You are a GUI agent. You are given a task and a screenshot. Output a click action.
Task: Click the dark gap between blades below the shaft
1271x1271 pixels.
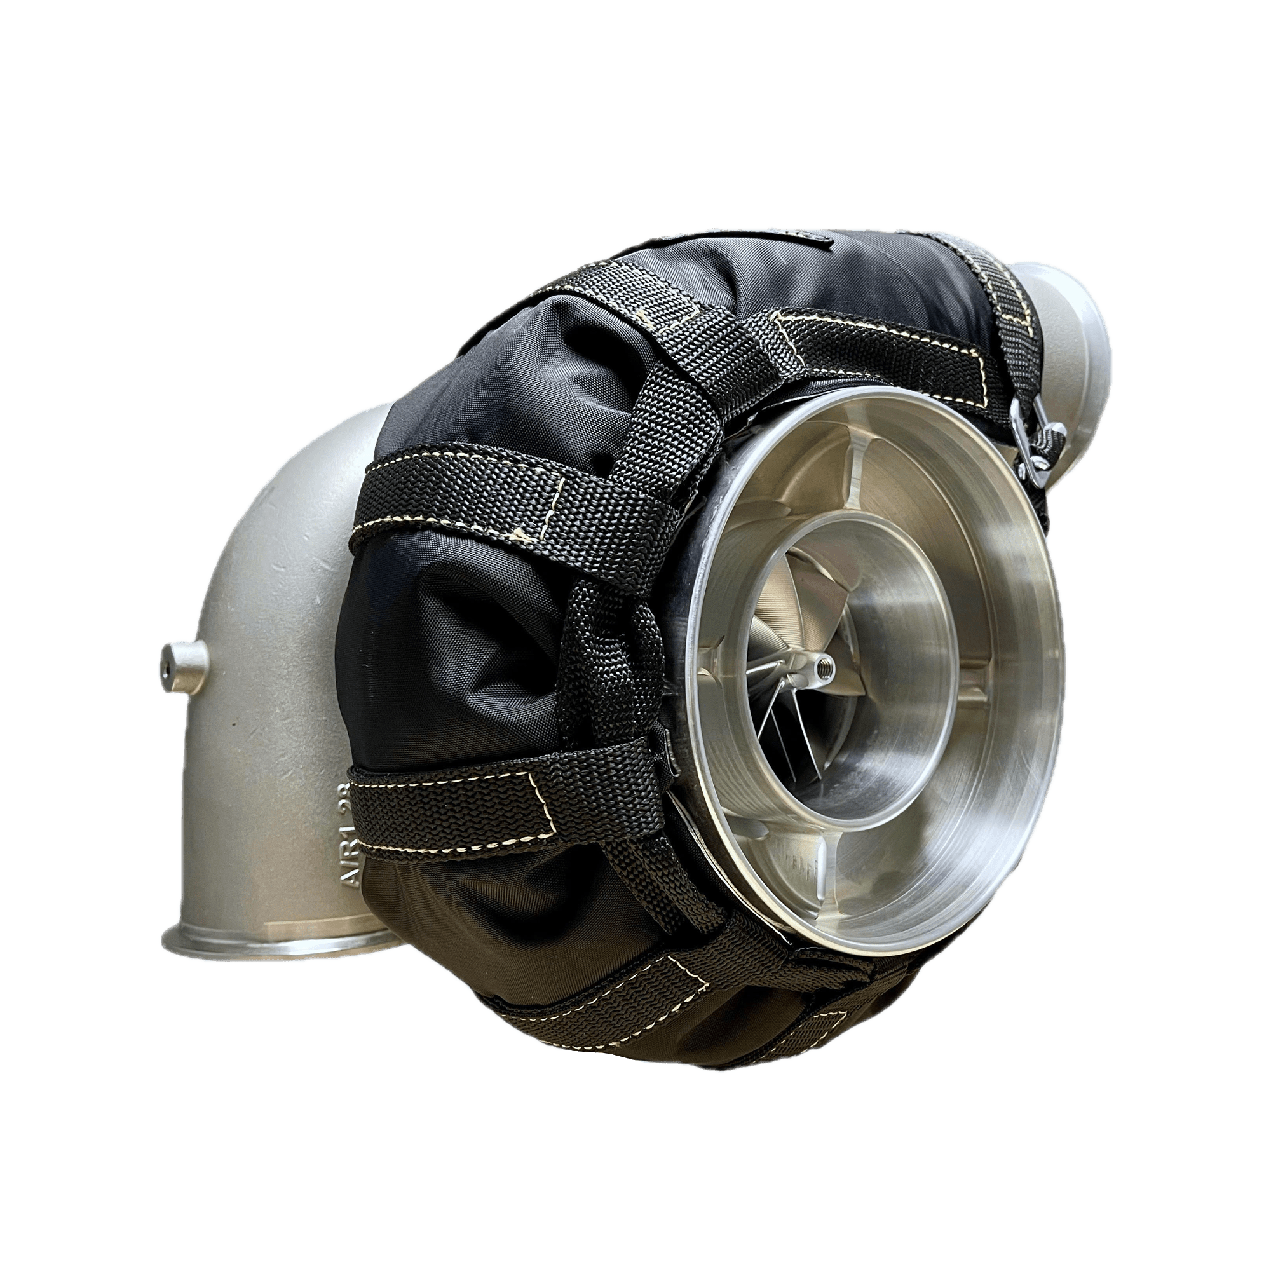pyautogui.click(x=806, y=737)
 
